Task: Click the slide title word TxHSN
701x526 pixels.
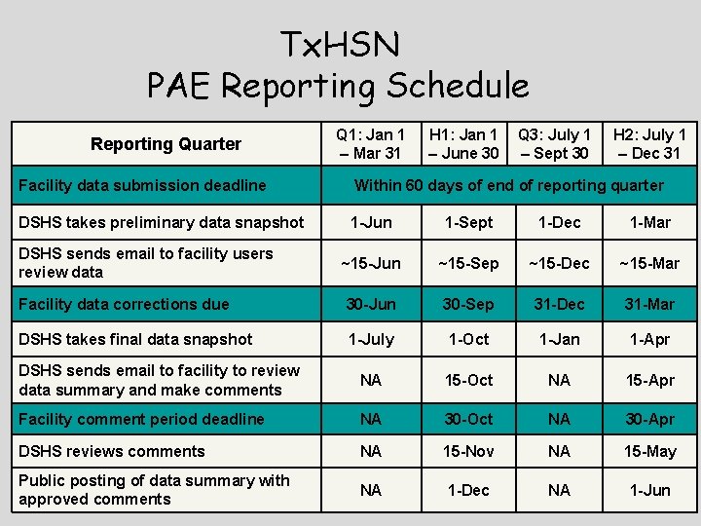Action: [339, 44]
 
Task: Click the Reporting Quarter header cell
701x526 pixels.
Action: [166, 144]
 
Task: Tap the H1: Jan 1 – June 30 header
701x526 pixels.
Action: [463, 144]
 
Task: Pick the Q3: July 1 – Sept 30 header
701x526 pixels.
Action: [554, 144]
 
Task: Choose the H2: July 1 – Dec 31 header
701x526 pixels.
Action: [649, 144]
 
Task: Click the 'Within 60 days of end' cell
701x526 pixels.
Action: [508, 185]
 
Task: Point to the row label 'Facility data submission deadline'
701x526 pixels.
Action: [142, 185]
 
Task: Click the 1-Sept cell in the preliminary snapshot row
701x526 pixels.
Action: [467, 222]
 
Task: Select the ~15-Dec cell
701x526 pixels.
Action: [559, 263]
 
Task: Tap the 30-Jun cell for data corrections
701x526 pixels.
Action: [371, 304]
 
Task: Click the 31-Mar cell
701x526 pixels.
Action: [649, 304]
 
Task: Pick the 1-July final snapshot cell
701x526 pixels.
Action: [371, 339]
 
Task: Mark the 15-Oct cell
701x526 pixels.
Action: [467, 380]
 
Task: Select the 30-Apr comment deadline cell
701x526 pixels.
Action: [649, 419]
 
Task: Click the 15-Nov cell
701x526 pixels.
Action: [467, 451]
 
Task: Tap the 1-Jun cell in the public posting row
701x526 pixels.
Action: [649, 490]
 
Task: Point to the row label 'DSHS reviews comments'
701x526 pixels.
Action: [112, 451]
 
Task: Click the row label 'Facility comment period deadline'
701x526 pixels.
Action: [141, 419]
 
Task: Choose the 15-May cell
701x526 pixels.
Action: [649, 451]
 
